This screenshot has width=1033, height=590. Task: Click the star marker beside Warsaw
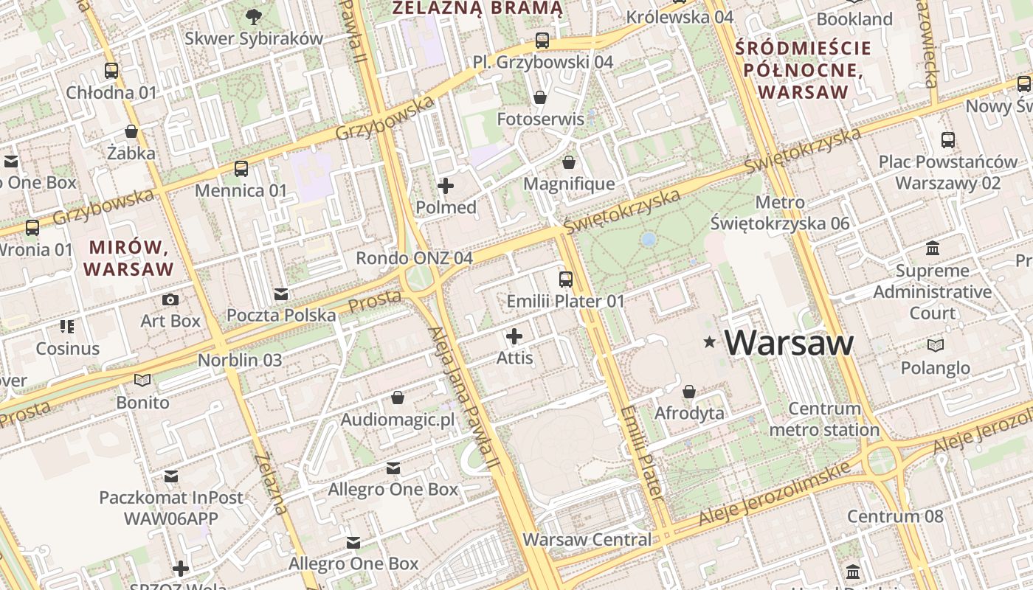(x=710, y=342)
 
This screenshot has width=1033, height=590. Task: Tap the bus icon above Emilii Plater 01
(x=566, y=280)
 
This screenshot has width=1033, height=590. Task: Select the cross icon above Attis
(x=514, y=337)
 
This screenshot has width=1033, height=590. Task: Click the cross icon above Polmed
(x=446, y=186)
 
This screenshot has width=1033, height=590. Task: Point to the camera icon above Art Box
(x=170, y=299)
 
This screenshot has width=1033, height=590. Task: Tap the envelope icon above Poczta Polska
(x=280, y=294)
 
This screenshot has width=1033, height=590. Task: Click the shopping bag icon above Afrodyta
(x=689, y=392)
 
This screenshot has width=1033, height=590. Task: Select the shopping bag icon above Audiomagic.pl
(x=398, y=398)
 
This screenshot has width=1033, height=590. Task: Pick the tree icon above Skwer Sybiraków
(x=254, y=16)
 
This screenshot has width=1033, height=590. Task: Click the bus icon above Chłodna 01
(x=111, y=71)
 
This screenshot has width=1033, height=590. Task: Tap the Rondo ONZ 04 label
(x=414, y=258)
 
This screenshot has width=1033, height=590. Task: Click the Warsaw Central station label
(x=587, y=539)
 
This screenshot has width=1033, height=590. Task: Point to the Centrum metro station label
(x=824, y=419)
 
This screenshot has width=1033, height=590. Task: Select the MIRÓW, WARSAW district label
(x=129, y=257)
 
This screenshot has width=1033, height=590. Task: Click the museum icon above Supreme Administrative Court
(x=933, y=248)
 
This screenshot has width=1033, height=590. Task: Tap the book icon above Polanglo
(x=935, y=345)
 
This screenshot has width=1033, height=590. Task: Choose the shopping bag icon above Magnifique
(x=569, y=162)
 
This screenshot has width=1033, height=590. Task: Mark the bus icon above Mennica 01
(x=241, y=169)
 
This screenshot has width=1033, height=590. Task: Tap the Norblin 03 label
(x=240, y=361)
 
